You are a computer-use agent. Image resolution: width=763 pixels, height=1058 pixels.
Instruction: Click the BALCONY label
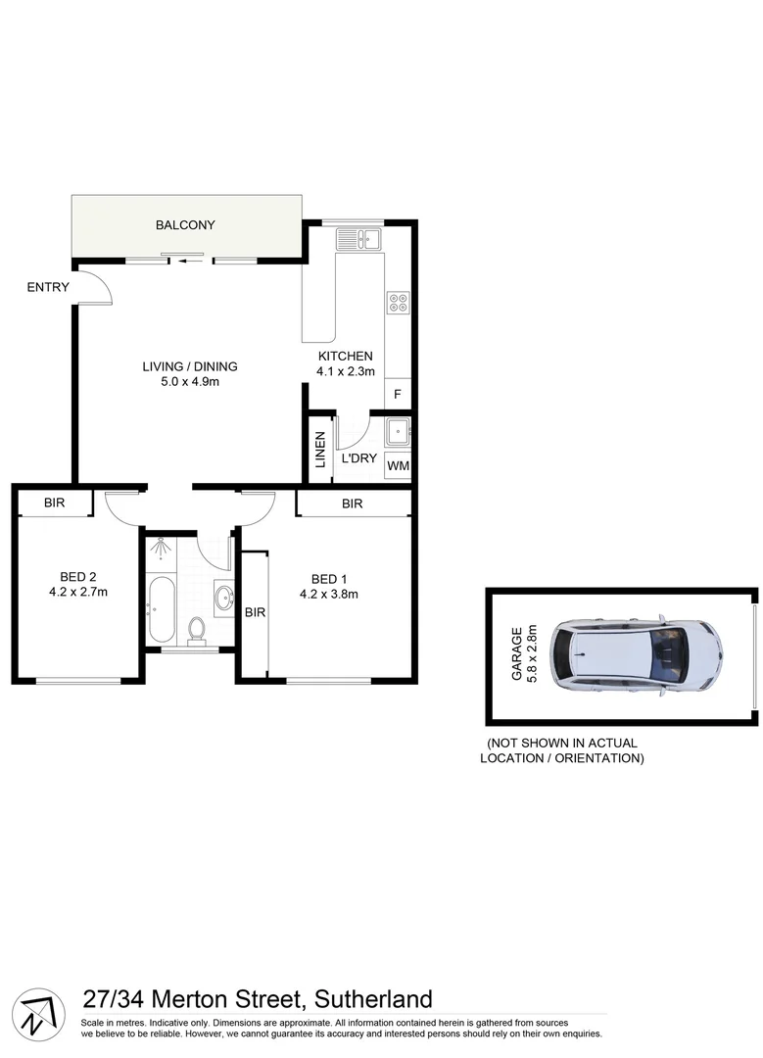click(x=185, y=225)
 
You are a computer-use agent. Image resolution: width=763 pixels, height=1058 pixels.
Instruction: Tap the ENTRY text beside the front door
click(x=48, y=287)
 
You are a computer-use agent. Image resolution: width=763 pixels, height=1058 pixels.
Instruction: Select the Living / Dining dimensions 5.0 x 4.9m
click(x=190, y=382)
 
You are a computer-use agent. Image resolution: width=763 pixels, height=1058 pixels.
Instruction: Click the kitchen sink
click(x=358, y=238)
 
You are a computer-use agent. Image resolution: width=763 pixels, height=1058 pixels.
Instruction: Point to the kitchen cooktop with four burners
click(x=398, y=303)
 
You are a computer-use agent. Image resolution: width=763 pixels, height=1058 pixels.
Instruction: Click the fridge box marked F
click(x=398, y=393)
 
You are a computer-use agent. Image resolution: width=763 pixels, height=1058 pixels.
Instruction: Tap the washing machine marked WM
click(x=398, y=466)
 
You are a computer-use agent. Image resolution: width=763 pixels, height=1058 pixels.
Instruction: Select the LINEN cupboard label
click(x=320, y=450)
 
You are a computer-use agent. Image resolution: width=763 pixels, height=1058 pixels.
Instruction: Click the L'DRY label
click(x=358, y=458)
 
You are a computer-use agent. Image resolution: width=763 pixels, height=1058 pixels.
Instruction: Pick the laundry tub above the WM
click(x=398, y=431)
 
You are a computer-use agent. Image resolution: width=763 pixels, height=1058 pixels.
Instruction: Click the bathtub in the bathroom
click(x=160, y=609)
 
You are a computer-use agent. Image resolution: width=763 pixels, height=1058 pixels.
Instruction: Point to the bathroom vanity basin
click(x=224, y=597)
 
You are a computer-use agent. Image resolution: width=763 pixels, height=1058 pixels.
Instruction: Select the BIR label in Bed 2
click(x=56, y=504)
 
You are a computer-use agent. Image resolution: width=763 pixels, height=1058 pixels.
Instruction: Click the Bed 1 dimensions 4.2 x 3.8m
click(x=329, y=593)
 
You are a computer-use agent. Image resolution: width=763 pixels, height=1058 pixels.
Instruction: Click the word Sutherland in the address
click(x=372, y=999)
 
